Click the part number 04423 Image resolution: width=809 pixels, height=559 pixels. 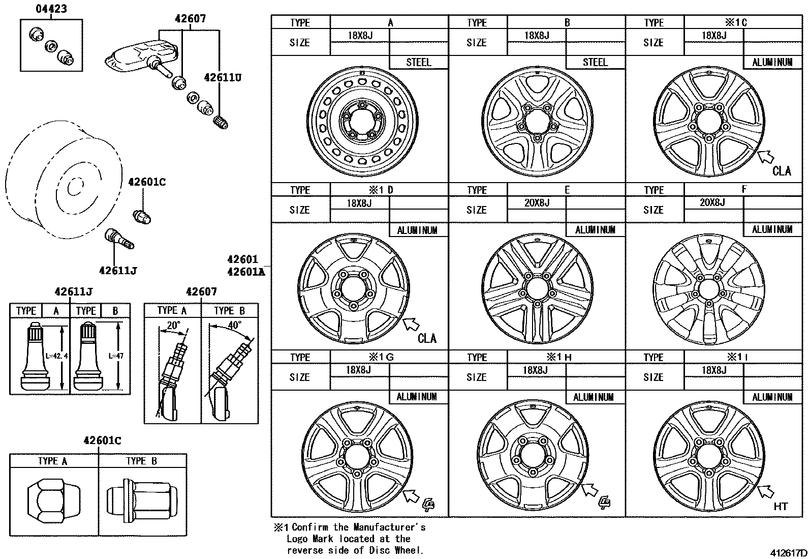[51, 9]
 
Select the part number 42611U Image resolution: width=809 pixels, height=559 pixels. [222, 78]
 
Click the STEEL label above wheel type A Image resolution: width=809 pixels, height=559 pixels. [418, 63]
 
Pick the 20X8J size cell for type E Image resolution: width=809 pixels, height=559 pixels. [536, 202]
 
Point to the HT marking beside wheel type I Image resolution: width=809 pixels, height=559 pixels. [780, 506]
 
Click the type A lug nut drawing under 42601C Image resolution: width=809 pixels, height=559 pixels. [53, 500]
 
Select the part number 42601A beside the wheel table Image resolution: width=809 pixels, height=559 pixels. [246, 272]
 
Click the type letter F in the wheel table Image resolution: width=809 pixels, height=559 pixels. [743, 190]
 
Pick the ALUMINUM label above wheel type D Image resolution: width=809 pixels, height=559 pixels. [417, 230]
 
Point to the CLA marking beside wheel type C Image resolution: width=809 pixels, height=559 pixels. [782, 171]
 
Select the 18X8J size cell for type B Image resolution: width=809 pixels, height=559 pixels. [536, 36]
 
